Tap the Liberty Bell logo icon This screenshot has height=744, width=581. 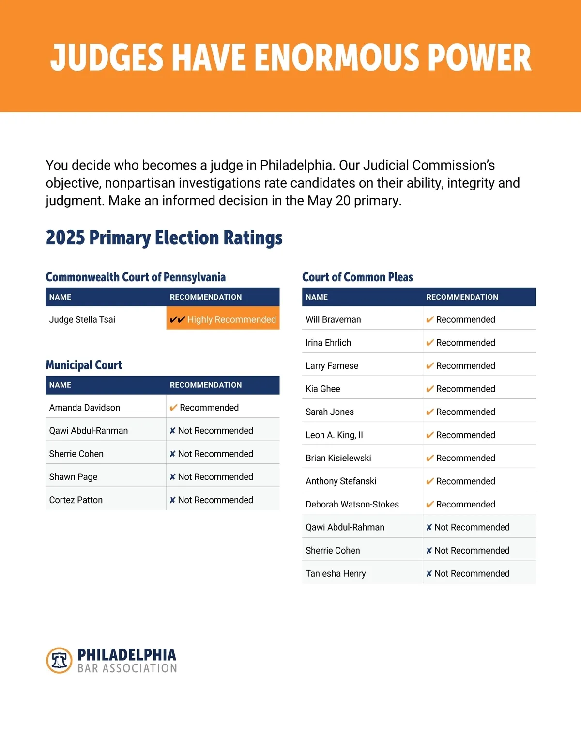tap(59, 660)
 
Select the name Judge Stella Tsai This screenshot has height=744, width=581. tap(82, 319)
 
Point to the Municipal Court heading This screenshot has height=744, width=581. tap(84, 365)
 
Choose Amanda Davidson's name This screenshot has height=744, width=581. tap(85, 408)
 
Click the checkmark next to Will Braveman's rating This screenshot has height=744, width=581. tap(429, 319)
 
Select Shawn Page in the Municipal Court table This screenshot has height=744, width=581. tap(73, 477)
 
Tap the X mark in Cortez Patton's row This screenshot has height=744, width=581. tap(172, 500)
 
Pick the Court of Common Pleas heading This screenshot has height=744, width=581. tap(357, 277)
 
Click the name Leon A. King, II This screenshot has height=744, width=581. tap(334, 435)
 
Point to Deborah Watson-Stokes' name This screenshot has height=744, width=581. tap(352, 505)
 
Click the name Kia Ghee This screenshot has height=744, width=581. tap(323, 389)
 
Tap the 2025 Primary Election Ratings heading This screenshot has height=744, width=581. tap(164, 238)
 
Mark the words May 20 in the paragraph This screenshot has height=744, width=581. tap(329, 201)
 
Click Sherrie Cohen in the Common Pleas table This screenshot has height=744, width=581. tap(333, 551)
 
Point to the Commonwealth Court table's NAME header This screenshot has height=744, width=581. tap(61, 297)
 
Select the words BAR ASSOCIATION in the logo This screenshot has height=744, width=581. tap(127, 668)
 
